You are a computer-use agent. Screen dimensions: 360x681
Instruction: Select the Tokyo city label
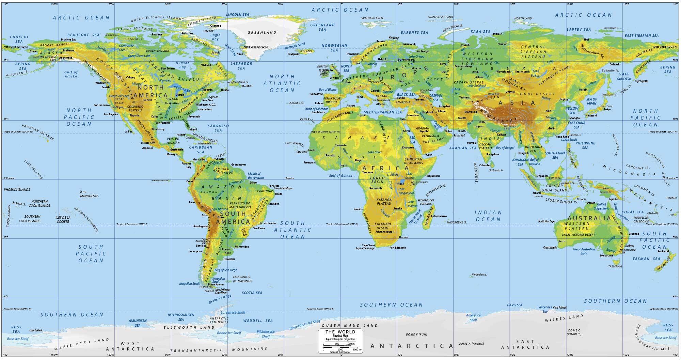pos(607,110)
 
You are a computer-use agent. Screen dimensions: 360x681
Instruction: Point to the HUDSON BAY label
pos(183,65)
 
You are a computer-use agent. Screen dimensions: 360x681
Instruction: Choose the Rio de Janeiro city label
pos(268,223)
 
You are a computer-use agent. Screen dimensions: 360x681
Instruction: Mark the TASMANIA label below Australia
pos(615,266)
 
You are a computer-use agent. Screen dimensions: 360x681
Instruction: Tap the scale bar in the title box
pos(340,347)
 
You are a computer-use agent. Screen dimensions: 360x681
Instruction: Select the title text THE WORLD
pos(340,332)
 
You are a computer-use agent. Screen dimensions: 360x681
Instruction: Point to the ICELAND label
pos(305,51)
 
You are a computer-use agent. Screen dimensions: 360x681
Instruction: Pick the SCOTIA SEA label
pos(252,293)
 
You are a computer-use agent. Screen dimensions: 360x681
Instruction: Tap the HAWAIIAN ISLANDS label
pos(37,132)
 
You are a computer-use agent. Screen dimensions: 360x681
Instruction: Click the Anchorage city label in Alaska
pos(66,58)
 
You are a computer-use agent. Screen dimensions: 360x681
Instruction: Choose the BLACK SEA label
pos(406,95)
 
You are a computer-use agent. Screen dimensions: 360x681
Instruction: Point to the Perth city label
pos(562,241)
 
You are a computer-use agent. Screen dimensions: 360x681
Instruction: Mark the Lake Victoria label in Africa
pos(409,176)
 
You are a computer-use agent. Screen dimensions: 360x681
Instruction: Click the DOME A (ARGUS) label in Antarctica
pos(471,344)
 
